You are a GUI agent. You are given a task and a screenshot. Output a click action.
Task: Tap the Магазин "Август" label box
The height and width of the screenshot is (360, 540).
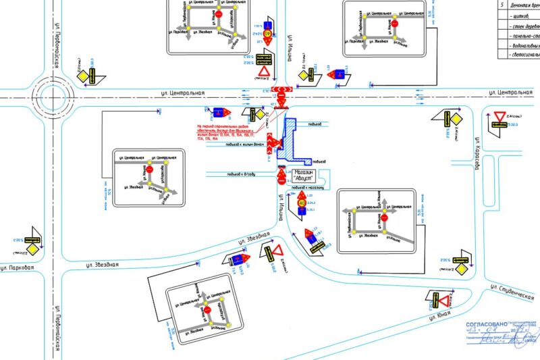[x=305, y=173]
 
